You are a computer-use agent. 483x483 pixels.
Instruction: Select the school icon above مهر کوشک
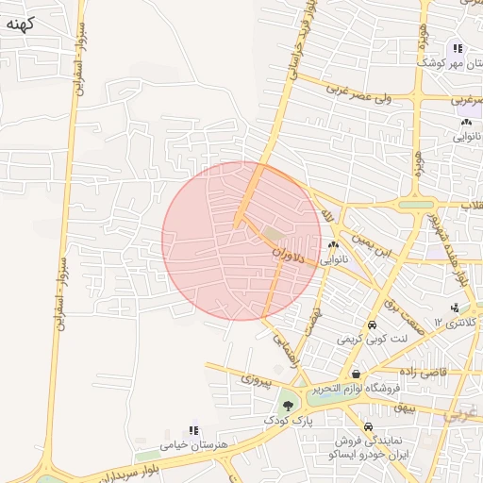[457, 48]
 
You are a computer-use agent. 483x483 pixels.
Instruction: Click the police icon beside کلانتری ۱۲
[455, 308]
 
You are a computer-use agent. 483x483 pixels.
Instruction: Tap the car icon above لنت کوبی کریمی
[373, 325]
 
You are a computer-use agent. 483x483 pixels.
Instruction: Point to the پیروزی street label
[256, 379]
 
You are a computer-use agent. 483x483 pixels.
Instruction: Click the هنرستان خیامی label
[189, 443]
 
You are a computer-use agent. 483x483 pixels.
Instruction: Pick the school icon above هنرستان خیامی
[194, 429]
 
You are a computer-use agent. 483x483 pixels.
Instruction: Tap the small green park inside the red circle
[273, 233]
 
